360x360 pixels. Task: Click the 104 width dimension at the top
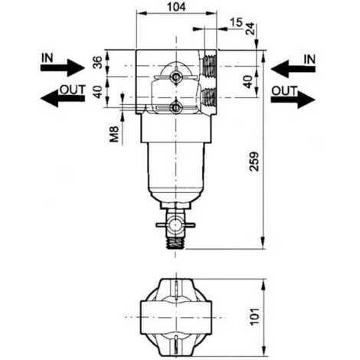pos(176,7)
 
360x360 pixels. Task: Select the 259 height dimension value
pos(254,162)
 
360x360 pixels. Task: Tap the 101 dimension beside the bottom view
pos(254,316)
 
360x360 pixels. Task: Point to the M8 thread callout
pos(114,134)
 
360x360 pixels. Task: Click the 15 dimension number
pos(236,22)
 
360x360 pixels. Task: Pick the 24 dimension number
pos(250,28)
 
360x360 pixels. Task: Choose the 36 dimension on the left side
pos(97,62)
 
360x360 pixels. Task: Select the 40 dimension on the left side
pos(97,92)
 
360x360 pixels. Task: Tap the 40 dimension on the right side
pos(247,82)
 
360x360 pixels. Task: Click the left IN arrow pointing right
pos(62,67)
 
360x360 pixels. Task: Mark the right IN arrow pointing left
pos(293,69)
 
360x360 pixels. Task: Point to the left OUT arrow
pos(63,98)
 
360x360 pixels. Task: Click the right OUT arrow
pos(293,100)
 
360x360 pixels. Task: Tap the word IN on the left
pos(47,58)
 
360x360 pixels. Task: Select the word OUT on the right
pos(284,91)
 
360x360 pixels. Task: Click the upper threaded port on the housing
pos(209,66)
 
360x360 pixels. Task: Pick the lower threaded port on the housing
pos(209,98)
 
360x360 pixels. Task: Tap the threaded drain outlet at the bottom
pos(175,244)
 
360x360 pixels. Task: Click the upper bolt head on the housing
pos(175,76)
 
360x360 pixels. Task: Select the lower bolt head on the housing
pos(175,108)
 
